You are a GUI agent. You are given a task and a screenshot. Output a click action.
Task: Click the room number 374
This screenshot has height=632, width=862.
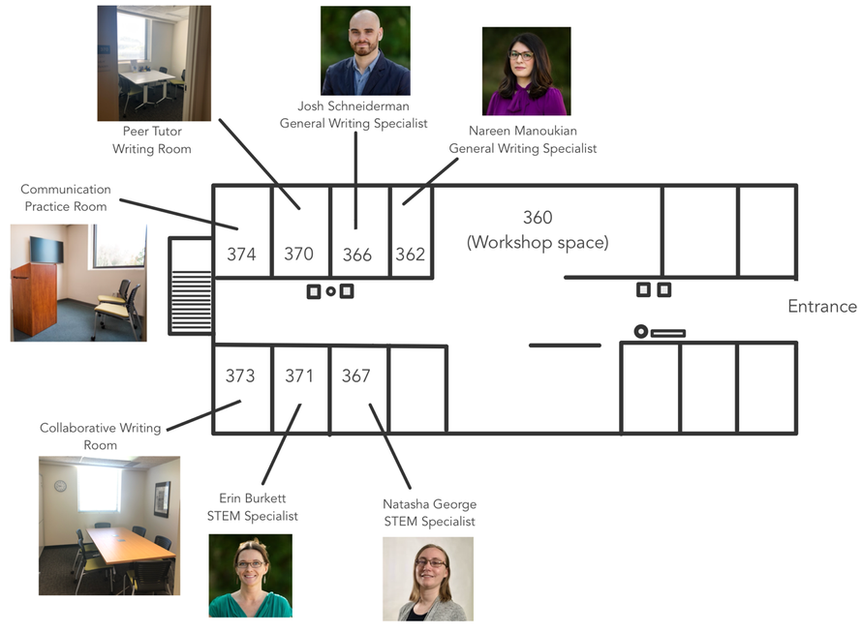(241, 255)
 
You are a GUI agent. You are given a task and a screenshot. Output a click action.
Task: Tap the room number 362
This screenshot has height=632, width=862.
(410, 255)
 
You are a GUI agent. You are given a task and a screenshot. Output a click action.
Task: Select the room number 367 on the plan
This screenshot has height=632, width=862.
(355, 376)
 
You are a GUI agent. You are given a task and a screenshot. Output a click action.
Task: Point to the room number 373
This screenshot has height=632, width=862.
(240, 376)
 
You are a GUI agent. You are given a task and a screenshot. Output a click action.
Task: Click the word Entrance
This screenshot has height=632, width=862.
(822, 306)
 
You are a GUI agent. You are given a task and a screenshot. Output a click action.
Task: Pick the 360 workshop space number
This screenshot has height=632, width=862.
(538, 218)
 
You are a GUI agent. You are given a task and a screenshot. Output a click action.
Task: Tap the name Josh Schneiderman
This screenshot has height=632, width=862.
(354, 106)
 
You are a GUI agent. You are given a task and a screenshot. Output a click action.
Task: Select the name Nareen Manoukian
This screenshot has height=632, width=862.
(523, 131)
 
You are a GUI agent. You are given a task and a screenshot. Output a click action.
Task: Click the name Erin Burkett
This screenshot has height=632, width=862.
(253, 498)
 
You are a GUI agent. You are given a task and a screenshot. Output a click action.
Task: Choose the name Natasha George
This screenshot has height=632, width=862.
(430, 504)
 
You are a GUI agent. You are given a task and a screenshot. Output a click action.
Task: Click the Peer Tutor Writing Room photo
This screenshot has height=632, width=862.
(154, 63)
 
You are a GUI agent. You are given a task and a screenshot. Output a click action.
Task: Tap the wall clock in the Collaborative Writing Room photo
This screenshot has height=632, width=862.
(60, 486)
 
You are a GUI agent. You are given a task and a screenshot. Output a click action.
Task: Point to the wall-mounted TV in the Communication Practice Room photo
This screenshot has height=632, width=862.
(46, 250)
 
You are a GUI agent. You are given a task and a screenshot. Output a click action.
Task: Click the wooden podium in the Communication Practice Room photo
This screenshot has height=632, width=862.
(34, 299)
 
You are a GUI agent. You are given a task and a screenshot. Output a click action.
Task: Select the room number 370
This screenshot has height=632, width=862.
(298, 254)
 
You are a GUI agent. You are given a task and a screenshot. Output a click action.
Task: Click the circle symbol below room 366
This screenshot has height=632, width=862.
(330, 291)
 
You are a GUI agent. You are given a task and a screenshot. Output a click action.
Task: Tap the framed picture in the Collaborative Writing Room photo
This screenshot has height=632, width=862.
(162, 498)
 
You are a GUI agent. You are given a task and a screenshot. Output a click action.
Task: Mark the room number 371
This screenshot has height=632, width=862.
(299, 376)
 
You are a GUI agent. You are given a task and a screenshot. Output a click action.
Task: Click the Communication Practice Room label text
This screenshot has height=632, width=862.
(66, 197)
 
